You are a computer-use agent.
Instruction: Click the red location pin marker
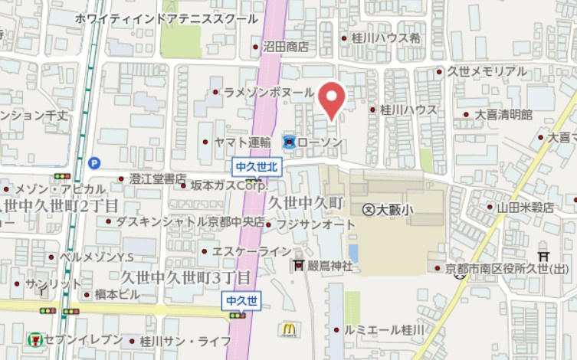coord(332,100)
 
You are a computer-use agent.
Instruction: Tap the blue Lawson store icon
coord(289,142)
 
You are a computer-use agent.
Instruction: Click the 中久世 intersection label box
coord(243,300)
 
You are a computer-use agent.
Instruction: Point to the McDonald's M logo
coord(289,329)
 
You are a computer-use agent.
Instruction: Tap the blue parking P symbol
coord(93,162)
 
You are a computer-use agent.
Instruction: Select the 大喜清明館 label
coord(503,114)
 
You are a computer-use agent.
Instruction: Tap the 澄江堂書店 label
coord(153,178)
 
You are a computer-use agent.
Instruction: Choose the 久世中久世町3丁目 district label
coord(186,277)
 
